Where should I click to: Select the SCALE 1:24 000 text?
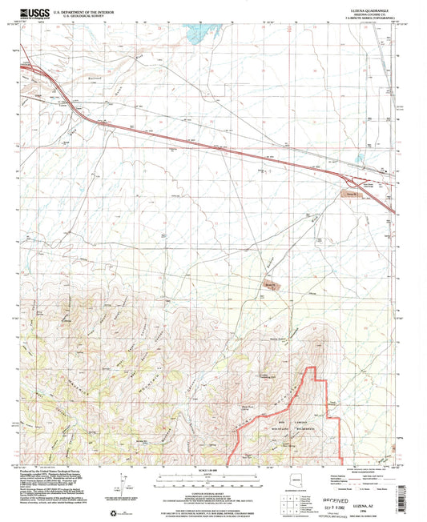pos(212,471)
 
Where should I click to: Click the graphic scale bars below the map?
pos(212,480)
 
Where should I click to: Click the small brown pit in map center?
pos(271,285)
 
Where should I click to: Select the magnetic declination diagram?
pos(123,484)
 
